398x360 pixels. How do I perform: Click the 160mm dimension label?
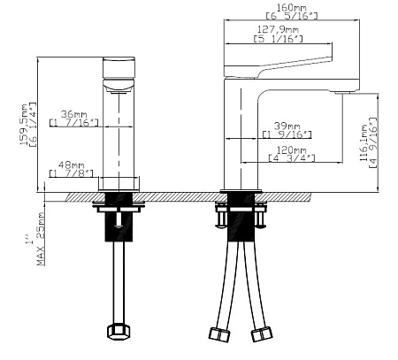292,7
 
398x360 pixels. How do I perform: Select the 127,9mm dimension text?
278,29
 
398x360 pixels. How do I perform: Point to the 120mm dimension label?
291,149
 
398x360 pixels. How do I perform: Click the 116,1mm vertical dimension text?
364,142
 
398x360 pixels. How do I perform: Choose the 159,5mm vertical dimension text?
24,124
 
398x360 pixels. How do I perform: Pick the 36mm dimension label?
73,114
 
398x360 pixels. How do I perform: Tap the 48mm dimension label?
71,165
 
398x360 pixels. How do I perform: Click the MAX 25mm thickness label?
41,239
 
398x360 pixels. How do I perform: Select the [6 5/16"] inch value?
292,16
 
